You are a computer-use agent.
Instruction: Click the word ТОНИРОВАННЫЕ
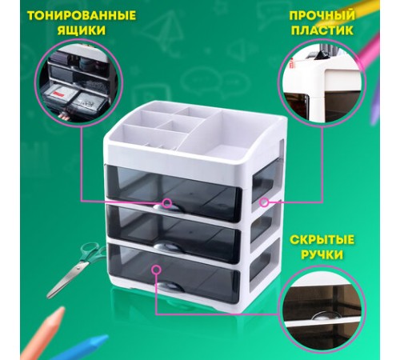tap(70, 16)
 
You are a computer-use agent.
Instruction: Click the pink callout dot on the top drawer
tap(168, 202)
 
